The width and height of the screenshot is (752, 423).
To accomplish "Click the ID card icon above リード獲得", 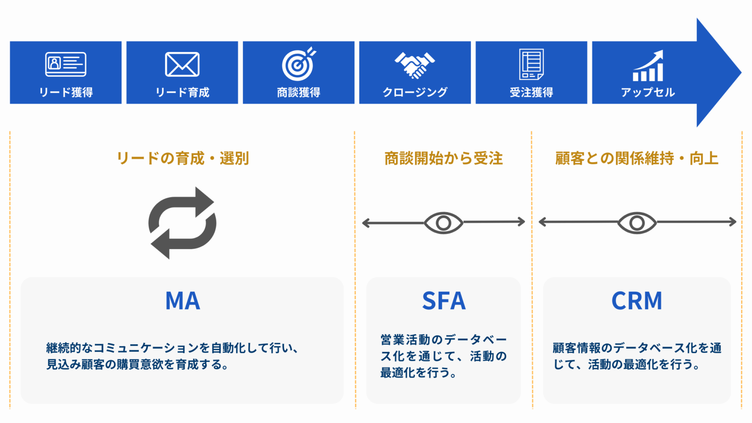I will pyautogui.click(x=66, y=64).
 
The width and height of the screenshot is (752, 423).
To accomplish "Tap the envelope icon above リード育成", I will pyautogui.click(x=182, y=64).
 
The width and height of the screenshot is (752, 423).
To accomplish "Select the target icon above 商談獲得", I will pyautogui.click(x=299, y=64).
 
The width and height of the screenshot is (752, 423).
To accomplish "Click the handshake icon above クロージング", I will pyautogui.click(x=415, y=65).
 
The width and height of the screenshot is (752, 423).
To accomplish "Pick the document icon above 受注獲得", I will pyautogui.click(x=531, y=64).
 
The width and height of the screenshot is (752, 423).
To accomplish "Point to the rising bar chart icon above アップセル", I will pyautogui.click(x=648, y=66).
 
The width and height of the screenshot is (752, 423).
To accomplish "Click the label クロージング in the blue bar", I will pyautogui.click(x=415, y=92).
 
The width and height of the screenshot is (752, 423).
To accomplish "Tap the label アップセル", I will pyautogui.click(x=648, y=92).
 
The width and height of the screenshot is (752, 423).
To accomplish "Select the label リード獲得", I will pyautogui.click(x=66, y=92).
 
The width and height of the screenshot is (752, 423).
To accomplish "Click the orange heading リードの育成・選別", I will pyautogui.click(x=183, y=158).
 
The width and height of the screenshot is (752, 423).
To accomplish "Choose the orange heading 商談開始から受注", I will pyautogui.click(x=443, y=158).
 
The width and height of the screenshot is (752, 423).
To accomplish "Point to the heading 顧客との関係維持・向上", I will pyautogui.click(x=636, y=158).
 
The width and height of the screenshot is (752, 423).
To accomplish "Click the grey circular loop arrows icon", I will pyautogui.click(x=182, y=223).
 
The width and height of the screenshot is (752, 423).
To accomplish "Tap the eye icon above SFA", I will pyautogui.click(x=443, y=223).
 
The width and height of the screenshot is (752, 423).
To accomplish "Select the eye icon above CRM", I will pyautogui.click(x=636, y=223).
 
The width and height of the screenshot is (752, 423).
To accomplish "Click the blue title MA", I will pyautogui.click(x=183, y=301).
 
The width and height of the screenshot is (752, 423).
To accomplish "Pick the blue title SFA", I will pyautogui.click(x=444, y=301).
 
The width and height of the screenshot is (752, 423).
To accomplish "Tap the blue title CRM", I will pyautogui.click(x=636, y=301).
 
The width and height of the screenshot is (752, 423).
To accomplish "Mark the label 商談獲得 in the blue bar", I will pyautogui.click(x=299, y=92).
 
